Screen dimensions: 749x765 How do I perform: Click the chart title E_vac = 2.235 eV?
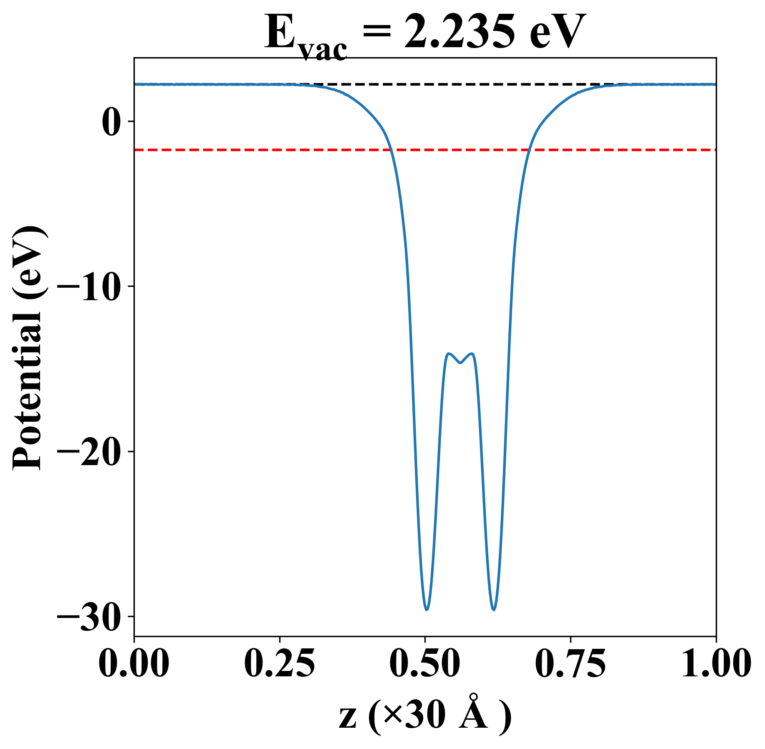(425, 33)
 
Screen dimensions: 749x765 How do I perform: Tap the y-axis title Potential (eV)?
(28, 349)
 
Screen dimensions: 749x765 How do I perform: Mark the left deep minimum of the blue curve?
(427, 610)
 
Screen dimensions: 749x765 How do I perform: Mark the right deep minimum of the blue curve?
(494, 610)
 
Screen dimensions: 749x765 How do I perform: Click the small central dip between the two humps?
(460, 363)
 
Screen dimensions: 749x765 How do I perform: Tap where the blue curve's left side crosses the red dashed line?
(391, 149)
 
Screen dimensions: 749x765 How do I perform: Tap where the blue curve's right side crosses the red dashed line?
(529, 149)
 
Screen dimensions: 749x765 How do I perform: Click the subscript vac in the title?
(323, 50)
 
